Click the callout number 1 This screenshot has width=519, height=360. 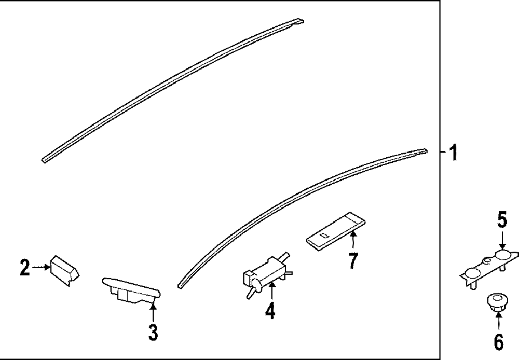tap(453, 153)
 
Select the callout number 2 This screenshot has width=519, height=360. tap(24, 268)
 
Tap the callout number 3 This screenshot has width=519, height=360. tap(153, 332)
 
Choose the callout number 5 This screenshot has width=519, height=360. tap(501, 221)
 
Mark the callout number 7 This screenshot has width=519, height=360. tap(353, 260)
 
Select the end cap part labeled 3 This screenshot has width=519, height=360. tap(131, 289)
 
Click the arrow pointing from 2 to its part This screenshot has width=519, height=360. tap(40, 268)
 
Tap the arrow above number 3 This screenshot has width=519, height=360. tap(153, 313)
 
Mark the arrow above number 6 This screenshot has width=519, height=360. tap(498, 322)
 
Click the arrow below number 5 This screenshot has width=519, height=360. tap(502, 240)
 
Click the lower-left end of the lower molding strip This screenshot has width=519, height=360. tap(180, 285)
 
